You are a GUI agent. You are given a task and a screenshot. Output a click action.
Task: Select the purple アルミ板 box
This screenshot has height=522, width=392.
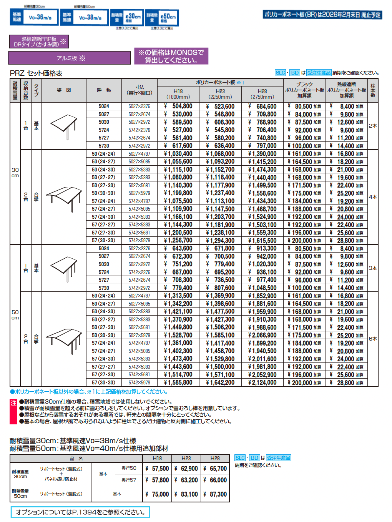tap(70, 58)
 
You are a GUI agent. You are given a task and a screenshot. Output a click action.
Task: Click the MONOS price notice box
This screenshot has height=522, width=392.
tap(171, 56)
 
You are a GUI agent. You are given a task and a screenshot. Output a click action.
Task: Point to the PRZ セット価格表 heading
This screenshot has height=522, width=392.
tap(36, 73)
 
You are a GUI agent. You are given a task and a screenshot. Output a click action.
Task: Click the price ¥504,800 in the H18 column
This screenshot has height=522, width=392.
tap(178, 106)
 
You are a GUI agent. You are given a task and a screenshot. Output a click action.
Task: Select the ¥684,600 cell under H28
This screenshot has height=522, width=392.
tap(262, 106)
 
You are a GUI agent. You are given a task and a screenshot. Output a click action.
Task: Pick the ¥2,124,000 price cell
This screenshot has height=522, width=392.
tap(262, 382)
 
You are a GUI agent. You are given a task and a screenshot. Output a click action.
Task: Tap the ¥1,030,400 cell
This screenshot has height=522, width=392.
tap(178, 154)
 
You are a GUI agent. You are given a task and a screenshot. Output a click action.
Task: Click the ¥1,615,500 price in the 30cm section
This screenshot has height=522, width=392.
tap(262, 241)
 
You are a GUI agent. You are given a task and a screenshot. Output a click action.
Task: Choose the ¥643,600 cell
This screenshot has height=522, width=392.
tap(178, 249)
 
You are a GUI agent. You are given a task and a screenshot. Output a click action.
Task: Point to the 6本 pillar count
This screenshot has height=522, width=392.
tap(373, 339)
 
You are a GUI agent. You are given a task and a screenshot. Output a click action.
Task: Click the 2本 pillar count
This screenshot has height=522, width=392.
tap(373, 126)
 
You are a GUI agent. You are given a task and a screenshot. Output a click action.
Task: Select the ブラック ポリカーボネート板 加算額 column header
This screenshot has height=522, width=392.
tap(304, 90)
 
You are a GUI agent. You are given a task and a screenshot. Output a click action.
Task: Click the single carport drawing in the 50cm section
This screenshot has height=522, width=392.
tap(64, 268)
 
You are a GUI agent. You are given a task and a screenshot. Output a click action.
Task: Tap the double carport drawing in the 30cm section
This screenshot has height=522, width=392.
tap(64, 197)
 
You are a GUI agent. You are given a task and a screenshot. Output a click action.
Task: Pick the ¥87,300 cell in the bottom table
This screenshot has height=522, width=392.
tap(215, 494)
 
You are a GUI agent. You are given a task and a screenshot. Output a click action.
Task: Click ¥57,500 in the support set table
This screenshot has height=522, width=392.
tap(157, 469)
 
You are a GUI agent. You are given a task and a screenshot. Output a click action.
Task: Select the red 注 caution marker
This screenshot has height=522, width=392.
tap(13, 403)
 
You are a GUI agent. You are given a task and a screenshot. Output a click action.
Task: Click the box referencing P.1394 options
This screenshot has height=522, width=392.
tap(80, 512)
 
